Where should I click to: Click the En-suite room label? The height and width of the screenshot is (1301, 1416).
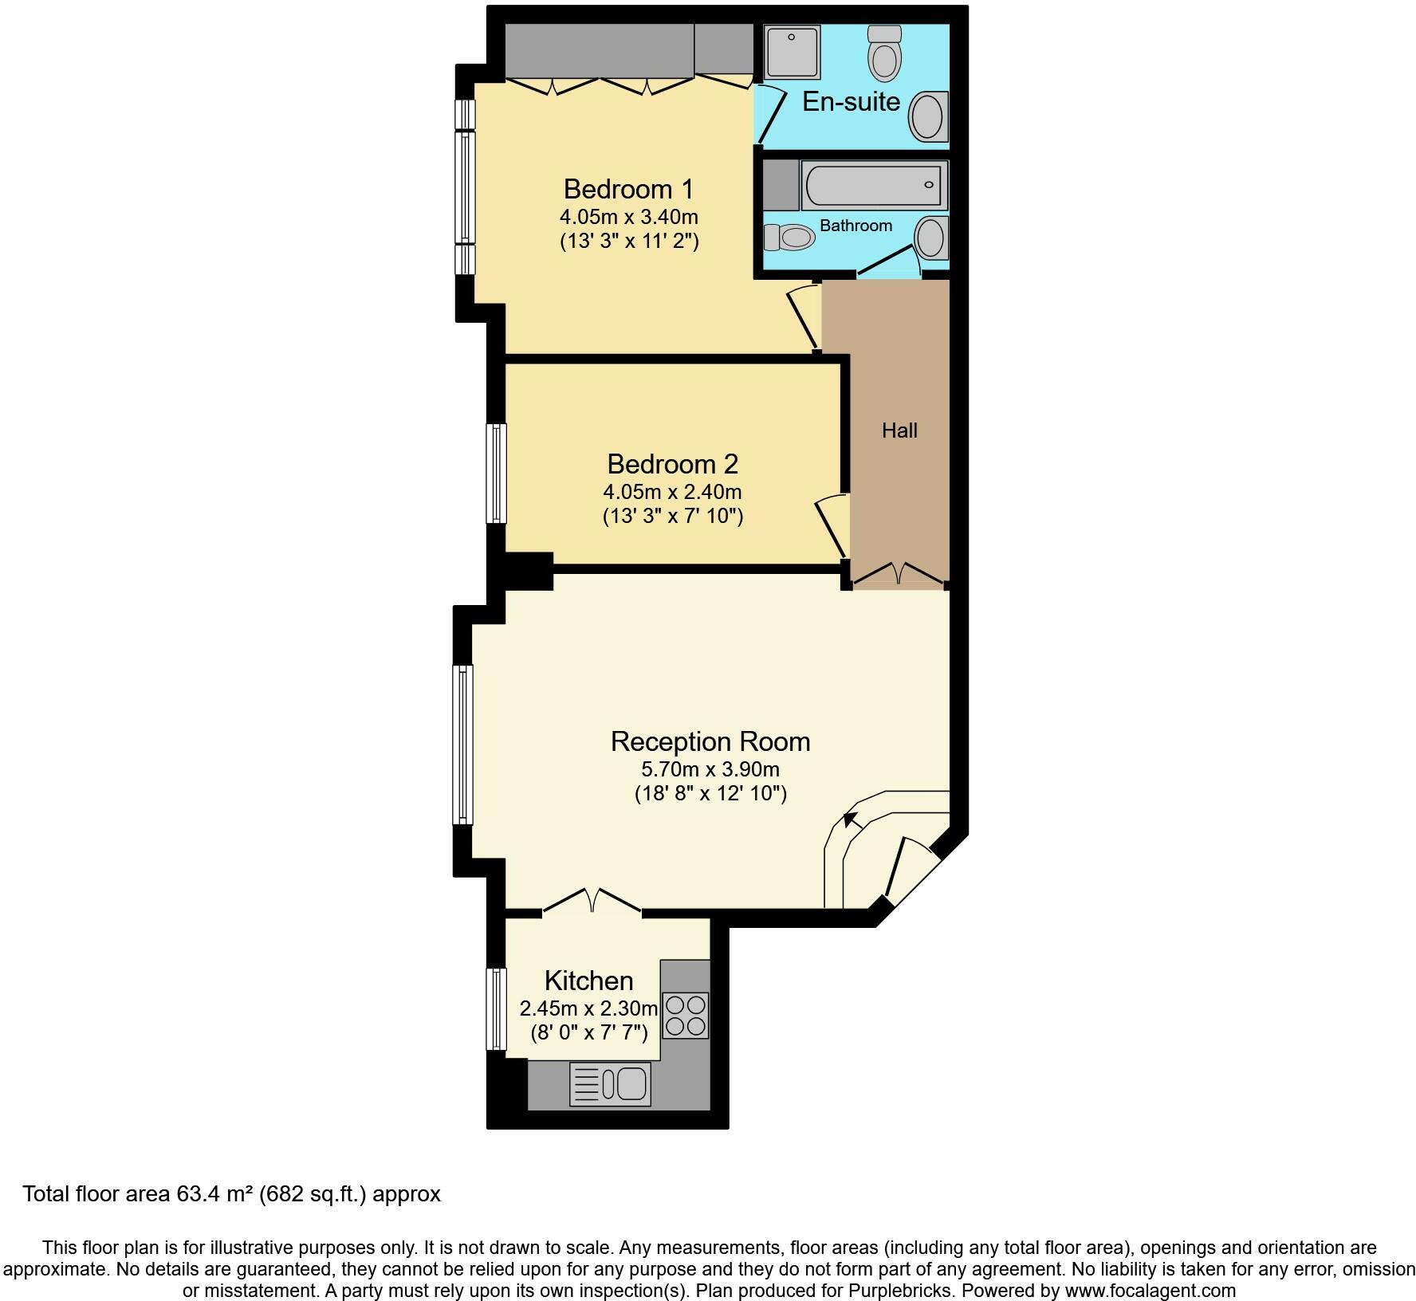tap(851, 101)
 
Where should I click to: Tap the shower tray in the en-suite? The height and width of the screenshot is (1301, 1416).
tap(792, 53)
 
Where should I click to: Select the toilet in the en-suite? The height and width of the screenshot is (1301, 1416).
tap(884, 53)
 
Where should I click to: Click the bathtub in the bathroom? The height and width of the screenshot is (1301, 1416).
tap(874, 185)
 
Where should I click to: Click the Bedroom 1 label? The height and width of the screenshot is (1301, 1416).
tap(628, 189)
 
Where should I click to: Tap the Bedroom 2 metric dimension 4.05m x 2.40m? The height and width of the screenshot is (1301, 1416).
tap(672, 492)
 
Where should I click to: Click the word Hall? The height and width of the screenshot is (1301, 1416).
tap(899, 430)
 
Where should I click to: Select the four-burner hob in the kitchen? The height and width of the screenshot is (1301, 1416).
tap(686, 1015)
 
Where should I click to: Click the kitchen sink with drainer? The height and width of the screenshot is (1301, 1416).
tap(611, 1084)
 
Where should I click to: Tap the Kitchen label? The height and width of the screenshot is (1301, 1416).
tap(588, 981)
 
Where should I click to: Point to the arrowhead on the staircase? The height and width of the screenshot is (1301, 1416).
tap(851, 819)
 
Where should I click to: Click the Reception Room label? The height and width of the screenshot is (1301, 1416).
tap(710, 741)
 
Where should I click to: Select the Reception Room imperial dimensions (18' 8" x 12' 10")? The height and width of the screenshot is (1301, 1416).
tap(710, 793)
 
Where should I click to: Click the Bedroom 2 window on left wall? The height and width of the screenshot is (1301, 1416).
tap(497, 474)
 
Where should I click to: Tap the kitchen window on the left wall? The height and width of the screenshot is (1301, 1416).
tap(497, 1008)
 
